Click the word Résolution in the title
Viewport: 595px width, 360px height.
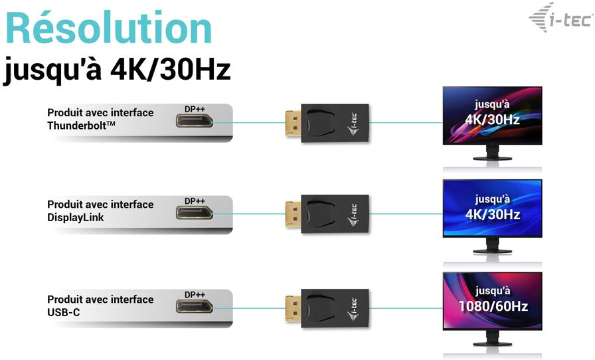pyautogui.click(x=109, y=28)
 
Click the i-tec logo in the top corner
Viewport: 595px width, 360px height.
pyautogui.click(x=561, y=17)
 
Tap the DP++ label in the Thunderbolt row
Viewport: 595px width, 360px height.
pyautogui.click(x=195, y=109)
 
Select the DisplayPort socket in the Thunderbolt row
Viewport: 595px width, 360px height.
pyautogui.click(x=195, y=121)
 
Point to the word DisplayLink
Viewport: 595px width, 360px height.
pyautogui.click(x=76, y=218)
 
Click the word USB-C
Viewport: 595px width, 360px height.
pyautogui.click(x=64, y=313)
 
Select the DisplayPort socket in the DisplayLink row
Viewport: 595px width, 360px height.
pyautogui.click(x=195, y=213)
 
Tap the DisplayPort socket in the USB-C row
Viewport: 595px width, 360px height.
pyautogui.click(x=195, y=306)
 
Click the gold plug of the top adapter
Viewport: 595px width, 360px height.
pyautogui.click(x=294, y=124)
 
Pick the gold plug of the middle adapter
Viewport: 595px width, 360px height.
pyautogui.click(x=294, y=214)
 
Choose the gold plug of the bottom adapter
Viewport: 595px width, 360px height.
pyautogui.click(x=294, y=308)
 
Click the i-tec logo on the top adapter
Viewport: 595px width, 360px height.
pyautogui.click(x=353, y=124)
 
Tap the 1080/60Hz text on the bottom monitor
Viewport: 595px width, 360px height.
pyautogui.click(x=493, y=306)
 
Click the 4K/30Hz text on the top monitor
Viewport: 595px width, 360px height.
pyautogui.click(x=492, y=120)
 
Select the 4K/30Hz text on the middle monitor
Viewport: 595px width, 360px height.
pyautogui.click(x=493, y=215)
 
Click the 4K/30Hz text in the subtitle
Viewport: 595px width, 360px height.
pyautogui.click(x=170, y=69)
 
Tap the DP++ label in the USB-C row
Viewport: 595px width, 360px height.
pyautogui.click(x=195, y=295)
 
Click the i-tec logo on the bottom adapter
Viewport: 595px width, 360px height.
pyautogui.click(x=353, y=309)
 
